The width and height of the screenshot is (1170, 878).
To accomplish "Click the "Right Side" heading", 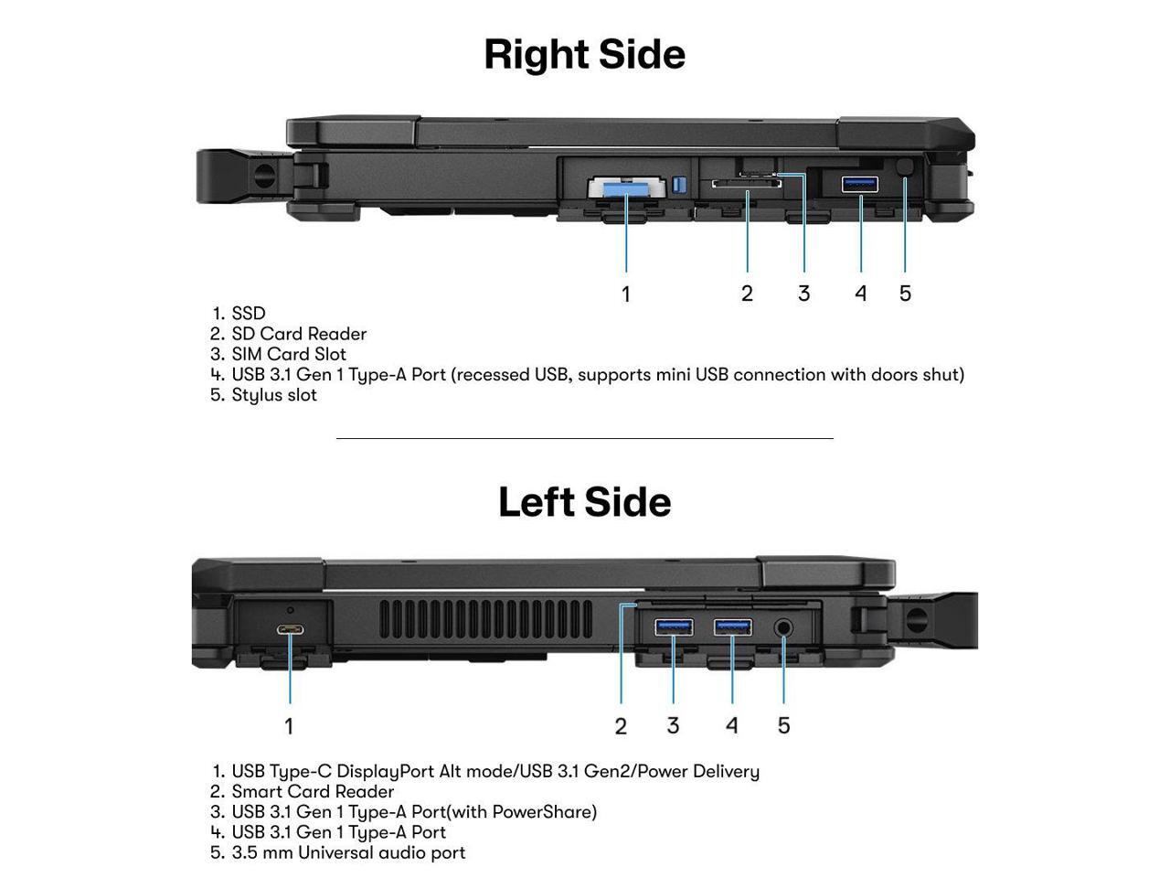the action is (584, 54).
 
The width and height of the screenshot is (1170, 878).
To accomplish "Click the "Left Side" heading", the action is (584, 502).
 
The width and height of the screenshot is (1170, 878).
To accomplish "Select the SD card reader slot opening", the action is (747, 183).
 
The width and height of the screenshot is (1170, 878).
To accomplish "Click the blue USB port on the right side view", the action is (859, 184).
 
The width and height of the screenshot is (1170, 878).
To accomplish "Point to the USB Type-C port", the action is (291, 629).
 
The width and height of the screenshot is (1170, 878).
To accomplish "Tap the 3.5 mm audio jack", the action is (784, 627).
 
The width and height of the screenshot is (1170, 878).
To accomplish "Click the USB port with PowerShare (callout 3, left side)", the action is (674, 626).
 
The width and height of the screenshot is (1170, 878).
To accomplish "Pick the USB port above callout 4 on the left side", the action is (733, 626).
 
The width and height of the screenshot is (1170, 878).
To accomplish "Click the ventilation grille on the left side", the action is (484, 619).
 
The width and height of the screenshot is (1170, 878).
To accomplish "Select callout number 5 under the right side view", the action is (905, 294).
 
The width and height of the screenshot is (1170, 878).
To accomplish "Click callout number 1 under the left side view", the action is (289, 726).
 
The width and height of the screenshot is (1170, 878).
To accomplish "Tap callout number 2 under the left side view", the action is (621, 726).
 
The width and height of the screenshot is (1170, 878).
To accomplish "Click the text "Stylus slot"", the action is (274, 395).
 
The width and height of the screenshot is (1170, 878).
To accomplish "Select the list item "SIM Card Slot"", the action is (289, 354).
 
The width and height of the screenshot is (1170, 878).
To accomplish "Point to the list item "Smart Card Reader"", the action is (313, 791).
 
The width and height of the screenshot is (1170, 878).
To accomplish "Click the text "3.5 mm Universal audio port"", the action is (348, 852).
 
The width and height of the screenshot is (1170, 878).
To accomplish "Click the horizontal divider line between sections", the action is (585, 439).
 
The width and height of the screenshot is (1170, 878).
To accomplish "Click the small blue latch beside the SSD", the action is (677, 185).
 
